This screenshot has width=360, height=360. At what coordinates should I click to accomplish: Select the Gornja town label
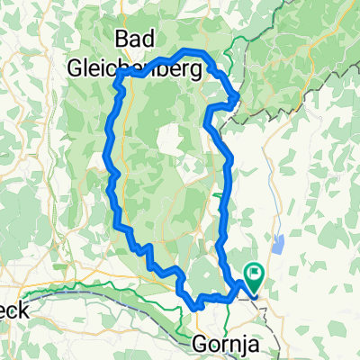[223, 343]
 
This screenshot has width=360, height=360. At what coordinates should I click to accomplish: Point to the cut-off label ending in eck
[15, 310]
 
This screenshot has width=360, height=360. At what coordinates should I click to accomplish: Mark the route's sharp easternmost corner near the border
[237, 97]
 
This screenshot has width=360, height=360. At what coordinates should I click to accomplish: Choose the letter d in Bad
[153, 39]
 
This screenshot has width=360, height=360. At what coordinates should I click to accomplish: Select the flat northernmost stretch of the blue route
[193, 51]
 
